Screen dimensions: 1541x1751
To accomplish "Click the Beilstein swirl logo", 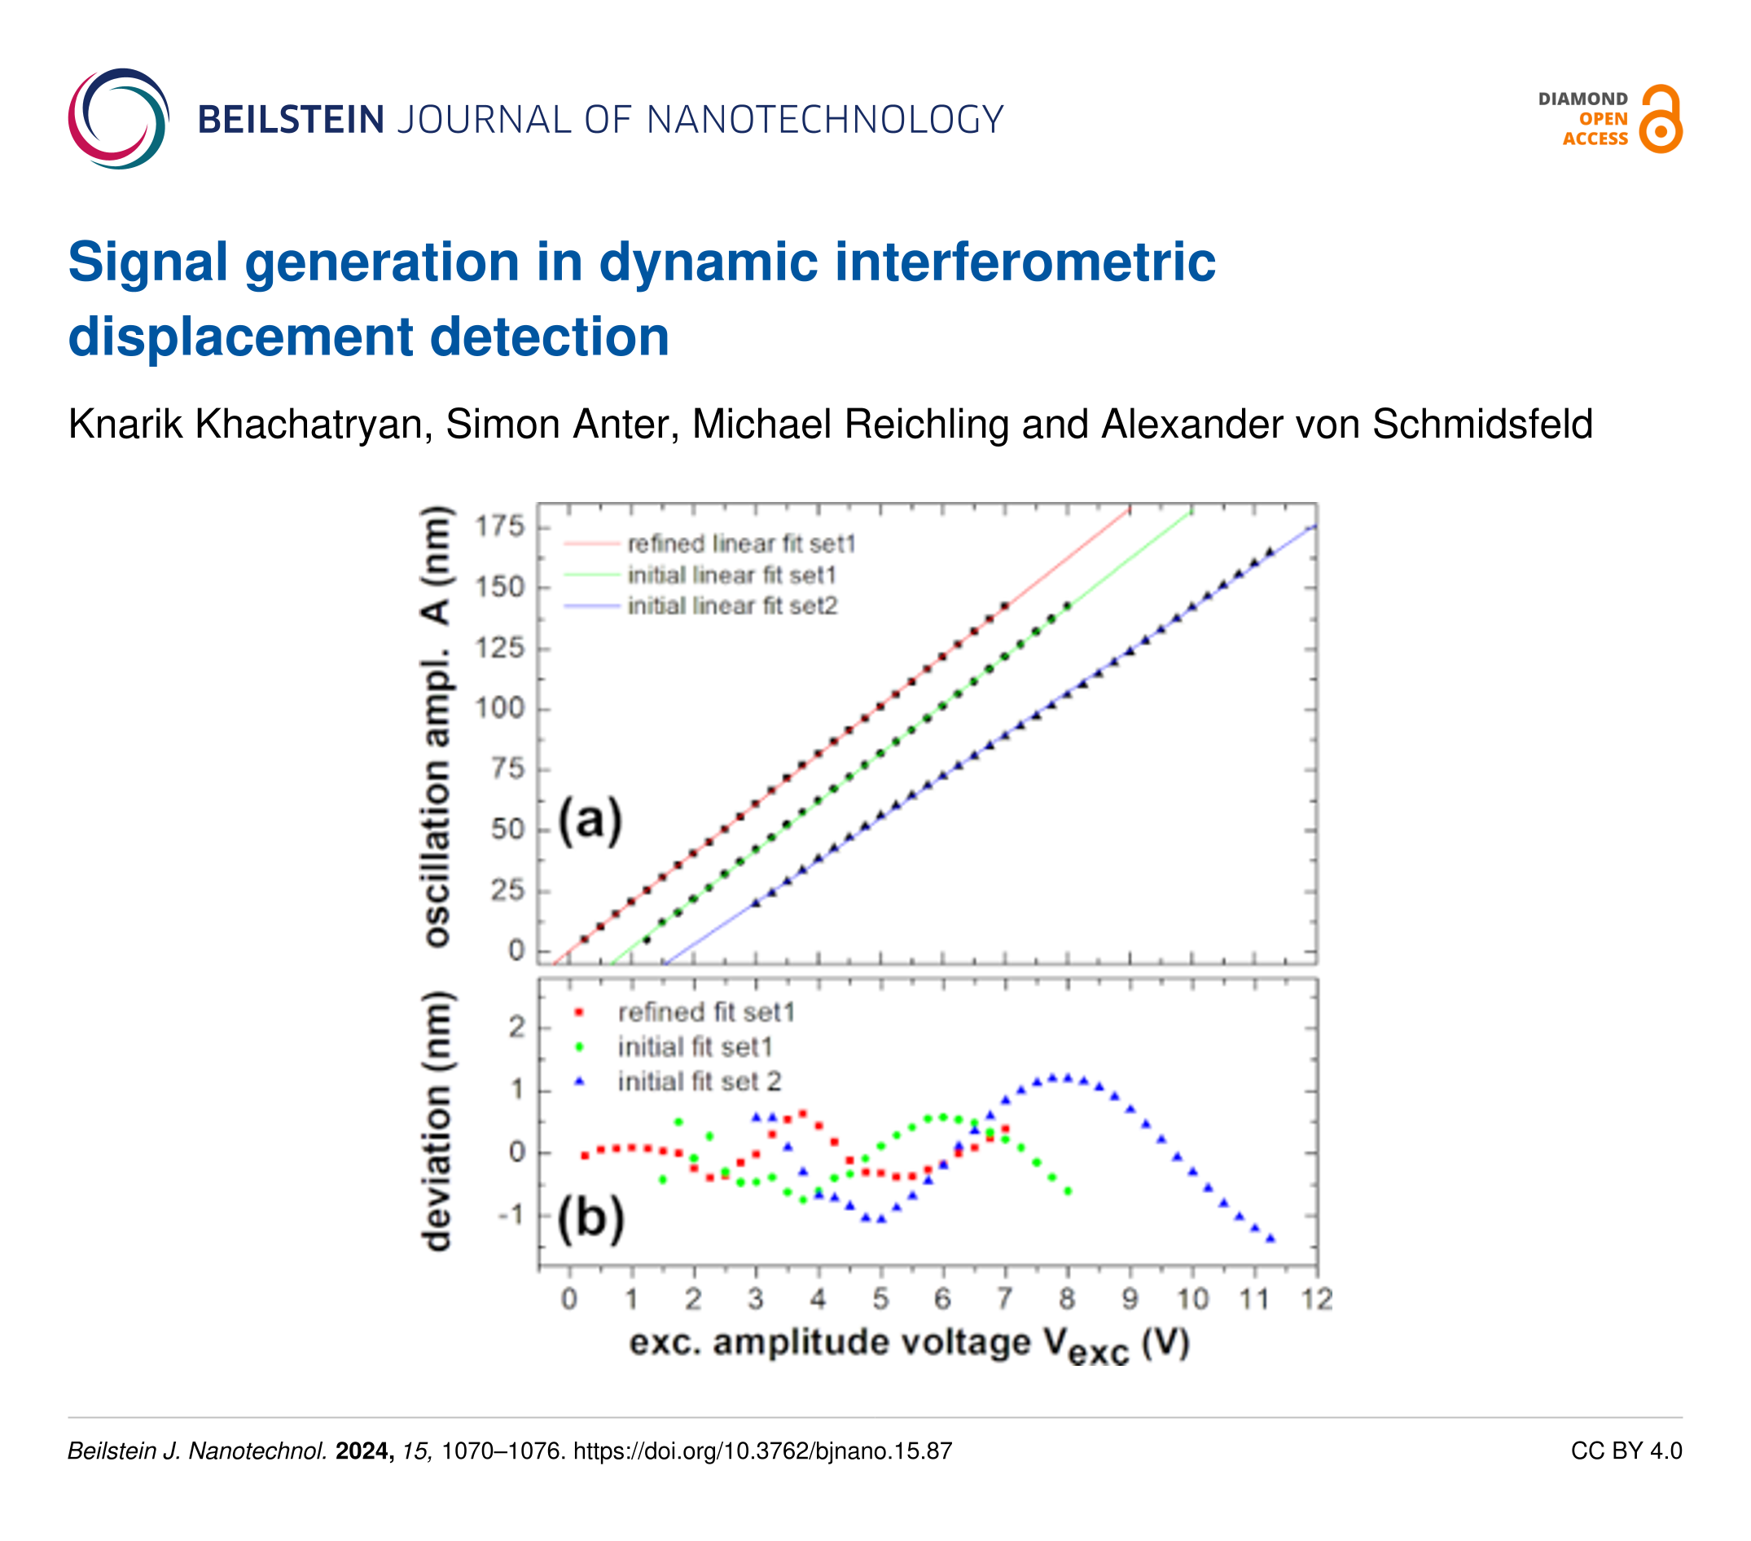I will pyautogui.click(x=118, y=118).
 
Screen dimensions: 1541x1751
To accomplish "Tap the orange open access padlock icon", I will pyautogui.click(x=1661, y=120).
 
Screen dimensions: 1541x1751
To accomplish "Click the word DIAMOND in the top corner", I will pyautogui.click(x=1582, y=99).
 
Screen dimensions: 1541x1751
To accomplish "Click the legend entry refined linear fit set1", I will pyautogui.click(x=741, y=544).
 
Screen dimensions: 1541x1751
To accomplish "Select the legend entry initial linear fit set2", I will pyautogui.click(x=731, y=606).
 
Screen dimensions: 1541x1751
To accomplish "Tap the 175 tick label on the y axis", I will pyautogui.click(x=499, y=526).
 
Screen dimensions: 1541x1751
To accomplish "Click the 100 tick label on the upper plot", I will pyautogui.click(x=499, y=709).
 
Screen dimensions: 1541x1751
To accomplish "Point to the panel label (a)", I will pyautogui.click(x=590, y=820).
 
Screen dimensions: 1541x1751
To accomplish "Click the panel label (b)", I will pyautogui.click(x=590, y=1217).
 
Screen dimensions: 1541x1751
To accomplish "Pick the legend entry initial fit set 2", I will pyautogui.click(x=699, y=1081).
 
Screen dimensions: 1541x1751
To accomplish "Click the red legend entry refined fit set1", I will pyautogui.click(x=706, y=1012).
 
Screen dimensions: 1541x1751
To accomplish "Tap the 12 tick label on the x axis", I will pyautogui.click(x=1317, y=1300).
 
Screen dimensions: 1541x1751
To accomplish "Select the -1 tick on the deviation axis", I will pyautogui.click(x=511, y=1214).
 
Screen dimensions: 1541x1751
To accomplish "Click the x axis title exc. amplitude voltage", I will pyautogui.click(x=909, y=1343).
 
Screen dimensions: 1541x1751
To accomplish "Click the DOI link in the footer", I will pyautogui.click(x=762, y=1451).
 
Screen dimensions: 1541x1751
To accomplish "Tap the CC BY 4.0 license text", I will pyautogui.click(x=1626, y=1451).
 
